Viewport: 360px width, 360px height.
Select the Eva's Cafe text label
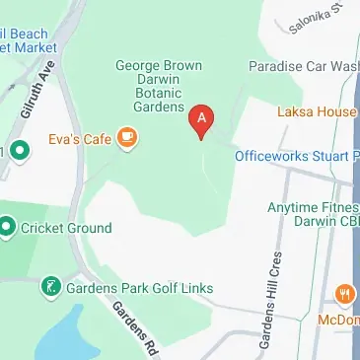tap(83, 138)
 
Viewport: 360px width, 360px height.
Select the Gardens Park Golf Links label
tap(139, 288)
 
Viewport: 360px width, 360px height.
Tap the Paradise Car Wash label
tap(302, 66)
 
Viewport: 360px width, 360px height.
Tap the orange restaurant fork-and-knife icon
tap(344, 293)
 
